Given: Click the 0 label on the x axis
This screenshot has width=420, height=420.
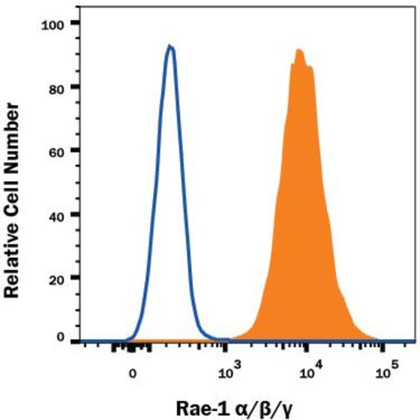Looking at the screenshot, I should coord(132,372).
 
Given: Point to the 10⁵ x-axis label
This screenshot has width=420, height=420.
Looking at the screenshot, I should coord(386,371).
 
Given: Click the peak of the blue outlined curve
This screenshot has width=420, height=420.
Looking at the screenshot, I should coord(171,46).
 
